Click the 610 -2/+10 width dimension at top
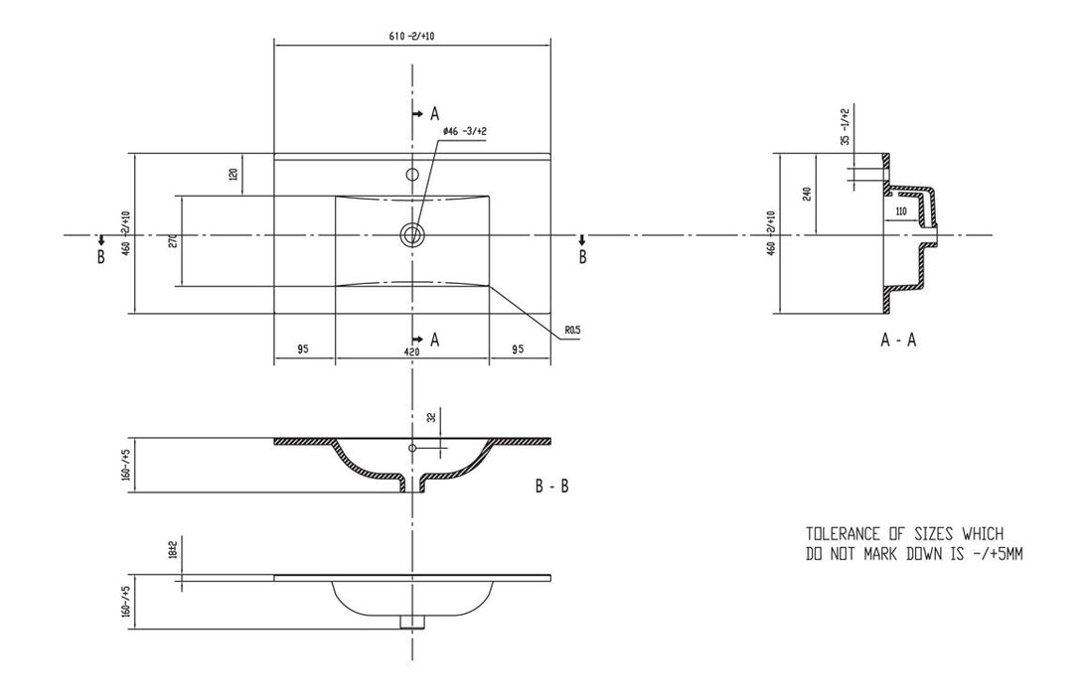(x=411, y=36)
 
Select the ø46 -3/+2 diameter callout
(x=465, y=131)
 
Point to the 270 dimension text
(x=172, y=241)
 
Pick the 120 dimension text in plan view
(x=232, y=174)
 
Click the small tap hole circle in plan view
(x=411, y=175)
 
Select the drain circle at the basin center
(x=411, y=234)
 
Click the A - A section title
(x=898, y=340)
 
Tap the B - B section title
(x=551, y=486)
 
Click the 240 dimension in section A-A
(x=806, y=194)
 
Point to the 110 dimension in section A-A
(x=900, y=212)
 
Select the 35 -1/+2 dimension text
(x=845, y=127)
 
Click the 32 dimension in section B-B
(x=431, y=418)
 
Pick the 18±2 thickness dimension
(x=172, y=549)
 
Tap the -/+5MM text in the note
(x=996, y=554)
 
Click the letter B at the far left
(x=100, y=256)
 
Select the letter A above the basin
(x=434, y=112)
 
